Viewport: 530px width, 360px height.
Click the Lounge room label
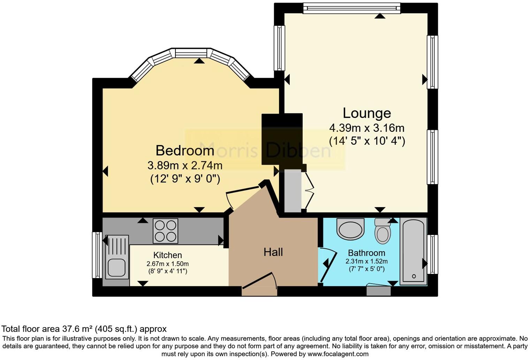point(367,113)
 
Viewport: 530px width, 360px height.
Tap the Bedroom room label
point(185,150)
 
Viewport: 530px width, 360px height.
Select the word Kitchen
point(167,255)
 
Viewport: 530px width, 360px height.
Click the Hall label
point(273,252)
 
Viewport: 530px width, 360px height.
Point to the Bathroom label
point(366,253)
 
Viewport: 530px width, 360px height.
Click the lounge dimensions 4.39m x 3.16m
point(367,128)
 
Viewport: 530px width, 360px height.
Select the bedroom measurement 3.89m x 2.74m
point(185,165)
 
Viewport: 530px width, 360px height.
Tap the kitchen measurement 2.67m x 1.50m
point(167,264)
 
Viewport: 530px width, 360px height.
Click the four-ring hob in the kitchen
point(165,231)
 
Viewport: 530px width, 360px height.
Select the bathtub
point(413,251)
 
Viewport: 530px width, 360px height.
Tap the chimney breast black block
point(282,138)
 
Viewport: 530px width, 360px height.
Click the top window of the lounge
point(351,8)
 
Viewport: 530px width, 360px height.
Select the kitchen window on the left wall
point(97,255)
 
